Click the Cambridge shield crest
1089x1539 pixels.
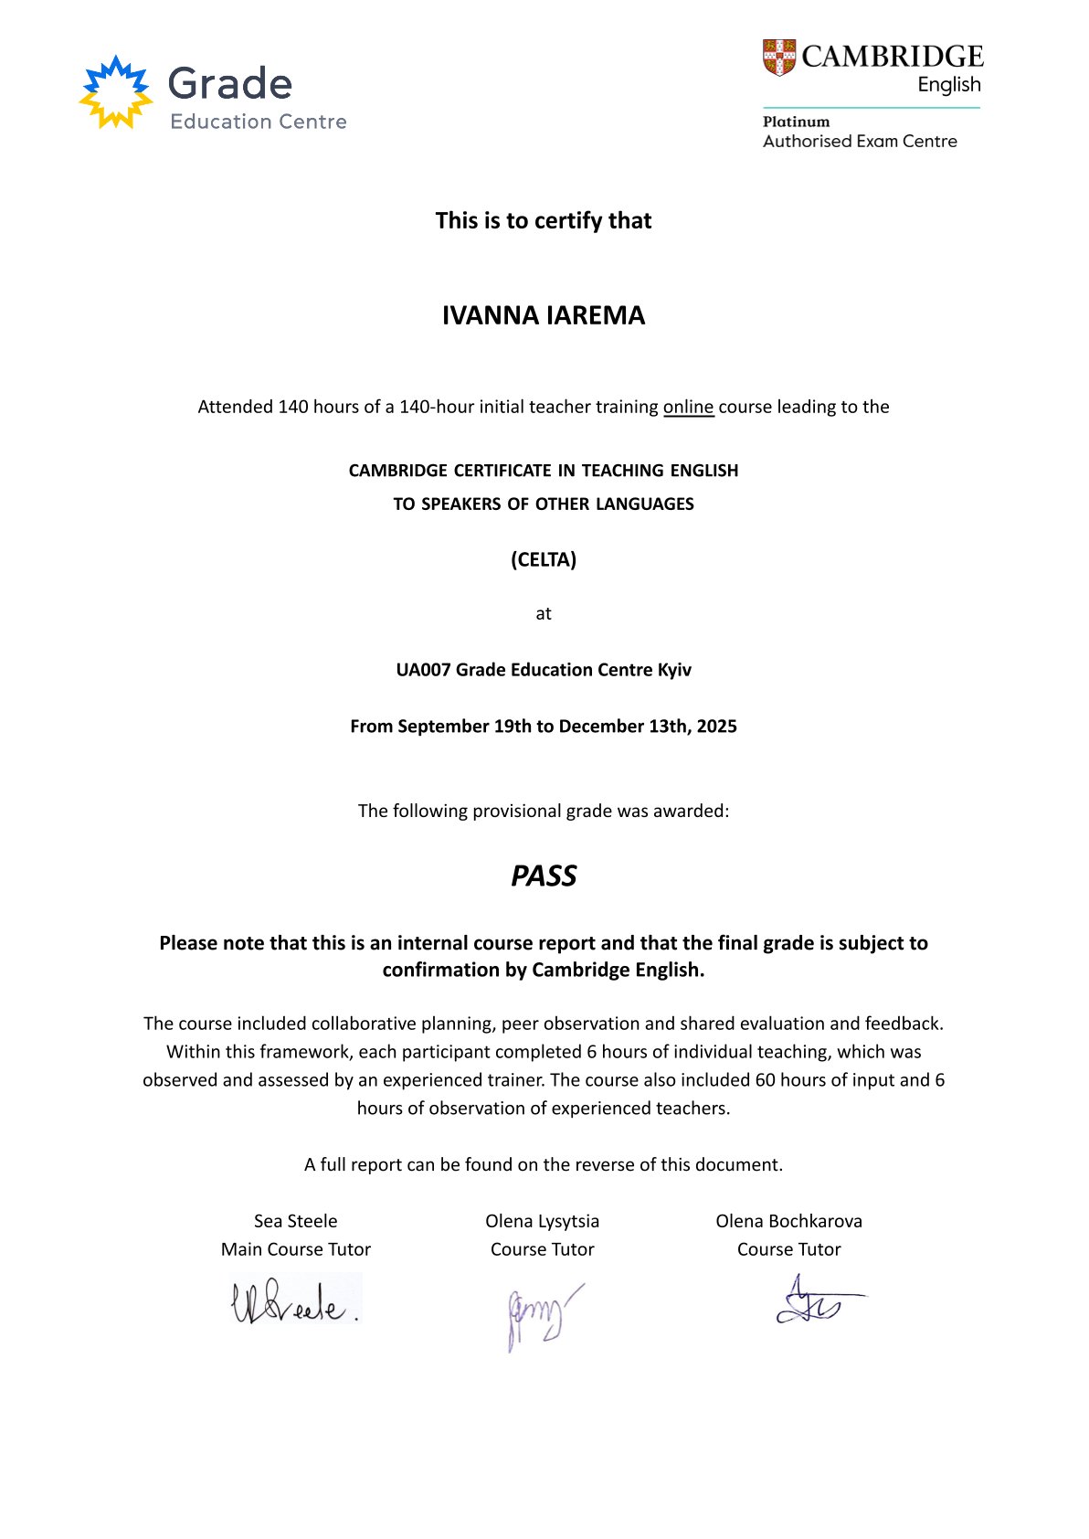(x=779, y=58)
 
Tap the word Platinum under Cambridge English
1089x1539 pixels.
(x=796, y=122)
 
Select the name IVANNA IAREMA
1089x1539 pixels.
(x=544, y=315)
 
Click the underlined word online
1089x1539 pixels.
(x=688, y=407)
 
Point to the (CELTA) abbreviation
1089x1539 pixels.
(x=544, y=559)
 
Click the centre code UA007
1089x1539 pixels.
(x=423, y=670)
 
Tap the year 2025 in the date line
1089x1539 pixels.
(x=716, y=727)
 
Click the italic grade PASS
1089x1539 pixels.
(x=544, y=876)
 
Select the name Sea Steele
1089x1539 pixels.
(x=295, y=1221)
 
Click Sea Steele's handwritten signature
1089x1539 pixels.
(x=295, y=1301)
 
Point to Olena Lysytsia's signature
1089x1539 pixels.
(x=541, y=1316)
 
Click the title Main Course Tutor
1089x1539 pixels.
(x=295, y=1249)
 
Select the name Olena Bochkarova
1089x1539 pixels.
(x=788, y=1221)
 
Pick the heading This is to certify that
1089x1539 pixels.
(x=544, y=220)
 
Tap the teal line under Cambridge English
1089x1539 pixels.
(x=871, y=108)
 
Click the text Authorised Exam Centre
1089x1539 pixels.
(x=860, y=142)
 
